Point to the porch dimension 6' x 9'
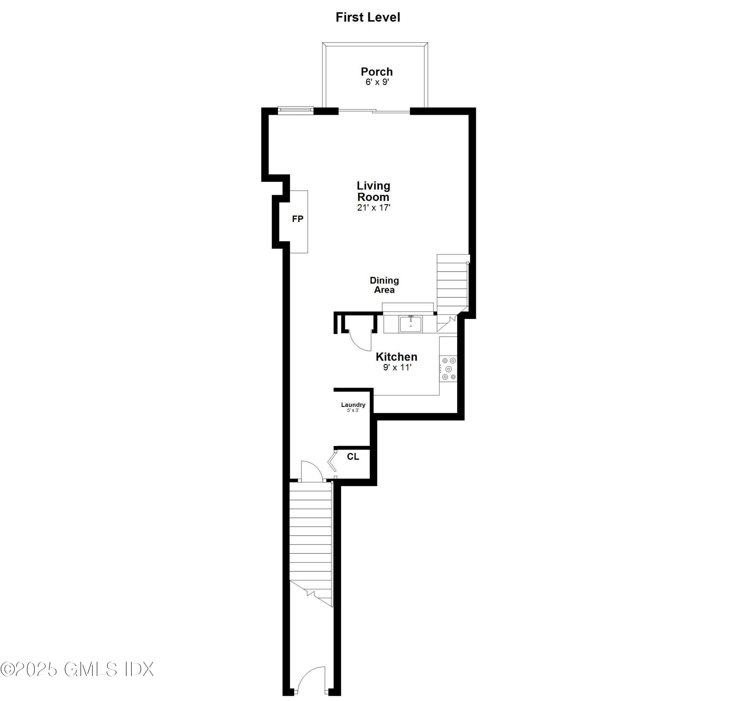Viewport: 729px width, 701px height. pos(377,82)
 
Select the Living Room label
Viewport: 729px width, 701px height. pos(373,191)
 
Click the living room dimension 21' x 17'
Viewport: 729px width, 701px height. pos(373,208)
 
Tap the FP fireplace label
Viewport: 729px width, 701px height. pos(297,219)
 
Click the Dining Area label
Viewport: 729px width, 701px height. pos(384,285)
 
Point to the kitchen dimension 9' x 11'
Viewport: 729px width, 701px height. pos(397,368)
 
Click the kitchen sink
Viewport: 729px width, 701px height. pos(411,324)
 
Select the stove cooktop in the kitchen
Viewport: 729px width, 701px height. pos(448,369)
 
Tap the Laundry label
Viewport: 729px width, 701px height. pos(353,405)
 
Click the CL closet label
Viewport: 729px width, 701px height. pos(353,456)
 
